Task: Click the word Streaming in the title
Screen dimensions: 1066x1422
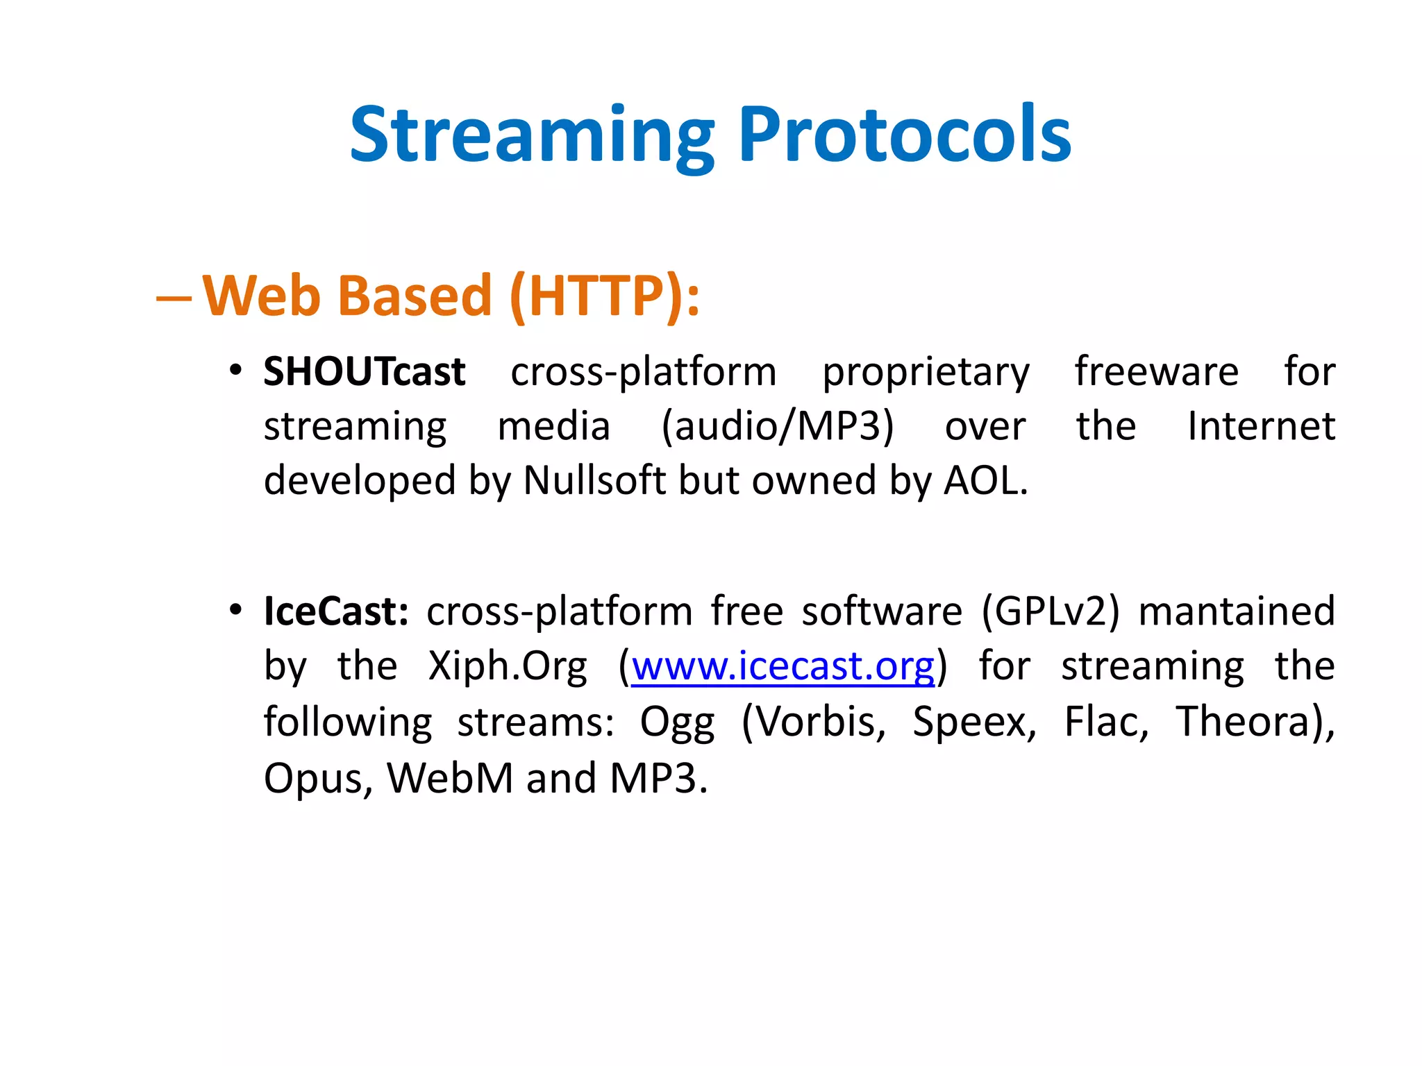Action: tap(531, 135)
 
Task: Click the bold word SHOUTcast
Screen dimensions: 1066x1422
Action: tap(364, 372)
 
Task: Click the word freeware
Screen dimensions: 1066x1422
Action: tap(1156, 371)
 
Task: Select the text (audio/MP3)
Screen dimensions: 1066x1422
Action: tap(777, 426)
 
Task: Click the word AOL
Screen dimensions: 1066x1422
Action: tap(984, 480)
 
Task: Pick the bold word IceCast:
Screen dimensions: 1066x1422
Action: tap(336, 611)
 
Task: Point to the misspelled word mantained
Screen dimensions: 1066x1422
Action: tap(1237, 611)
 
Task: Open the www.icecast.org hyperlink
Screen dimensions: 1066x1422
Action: tap(783, 667)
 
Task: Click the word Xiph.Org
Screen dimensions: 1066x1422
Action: tap(507, 667)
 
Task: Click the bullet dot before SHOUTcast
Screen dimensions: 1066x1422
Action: tap(236, 370)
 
